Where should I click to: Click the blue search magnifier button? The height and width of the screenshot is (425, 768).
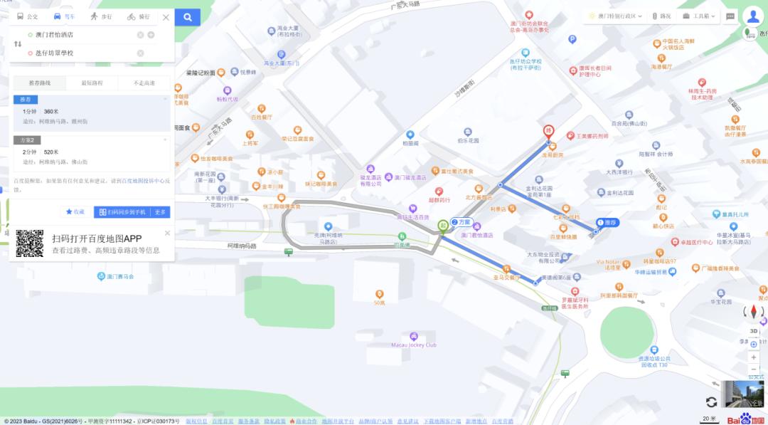[x=188, y=17]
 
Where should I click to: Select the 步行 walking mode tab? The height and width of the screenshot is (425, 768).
[x=100, y=17]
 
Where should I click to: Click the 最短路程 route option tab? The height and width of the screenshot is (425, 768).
[x=92, y=83]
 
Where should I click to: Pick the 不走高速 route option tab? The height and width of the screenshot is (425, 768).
[x=144, y=83]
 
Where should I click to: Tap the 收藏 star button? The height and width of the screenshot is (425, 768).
[x=75, y=212]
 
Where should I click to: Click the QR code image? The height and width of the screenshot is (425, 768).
[x=29, y=243]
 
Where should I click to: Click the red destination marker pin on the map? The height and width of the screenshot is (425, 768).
[x=548, y=132]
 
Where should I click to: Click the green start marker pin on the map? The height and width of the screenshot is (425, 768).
[x=442, y=226]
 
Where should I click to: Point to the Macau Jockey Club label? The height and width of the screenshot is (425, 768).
[x=414, y=345]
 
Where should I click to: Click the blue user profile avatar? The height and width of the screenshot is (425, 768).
[x=752, y=16]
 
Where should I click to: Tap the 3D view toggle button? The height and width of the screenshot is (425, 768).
[x=754, y=331]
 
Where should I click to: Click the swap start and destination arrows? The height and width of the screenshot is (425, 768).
[x=18, y=43]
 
